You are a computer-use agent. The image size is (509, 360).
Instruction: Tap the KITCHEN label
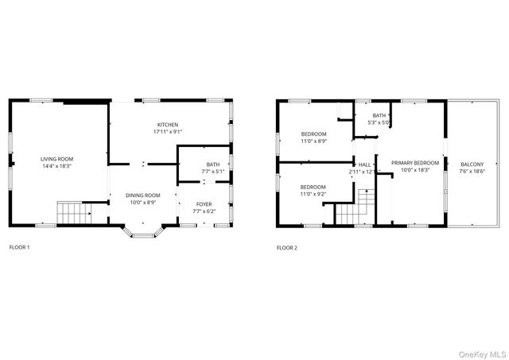[167, 125]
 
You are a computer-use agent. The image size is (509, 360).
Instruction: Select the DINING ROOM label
[143, 195]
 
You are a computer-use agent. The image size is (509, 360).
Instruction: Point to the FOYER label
[204, 204]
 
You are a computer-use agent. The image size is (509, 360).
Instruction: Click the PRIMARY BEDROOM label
[414, 162]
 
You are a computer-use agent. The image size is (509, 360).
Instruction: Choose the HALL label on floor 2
[365, 165]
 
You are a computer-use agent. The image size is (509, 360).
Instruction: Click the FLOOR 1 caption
[19, 248]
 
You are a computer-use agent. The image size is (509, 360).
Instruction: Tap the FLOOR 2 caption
[286, 248]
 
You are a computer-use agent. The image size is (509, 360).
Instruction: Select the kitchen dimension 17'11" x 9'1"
[167, 132]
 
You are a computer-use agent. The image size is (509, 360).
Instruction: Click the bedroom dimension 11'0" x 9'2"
[312, 194]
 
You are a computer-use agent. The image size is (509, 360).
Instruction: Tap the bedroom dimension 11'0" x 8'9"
[313, 141]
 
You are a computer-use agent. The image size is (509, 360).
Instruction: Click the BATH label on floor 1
[204, 164]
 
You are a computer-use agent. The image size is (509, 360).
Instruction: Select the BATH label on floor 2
[379, 116]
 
